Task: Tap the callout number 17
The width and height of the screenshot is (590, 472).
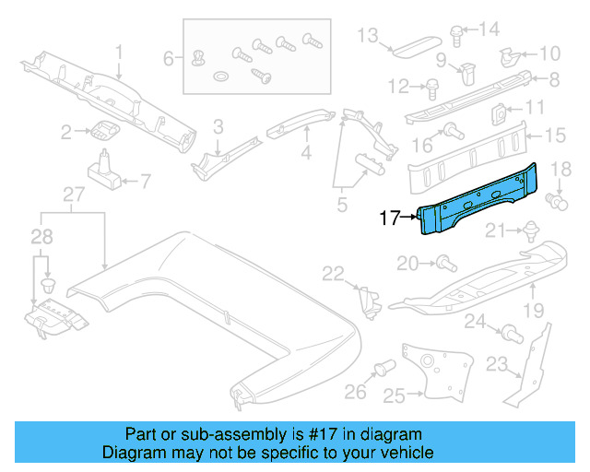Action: [390, 219]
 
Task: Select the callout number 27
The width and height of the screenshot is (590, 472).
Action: [72, 194]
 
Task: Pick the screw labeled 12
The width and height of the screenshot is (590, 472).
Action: [431, 88]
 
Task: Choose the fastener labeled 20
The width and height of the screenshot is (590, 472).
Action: [443, 265]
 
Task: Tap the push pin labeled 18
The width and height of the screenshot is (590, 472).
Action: [555, 197]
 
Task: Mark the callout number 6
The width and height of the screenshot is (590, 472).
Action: [168, 59]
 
